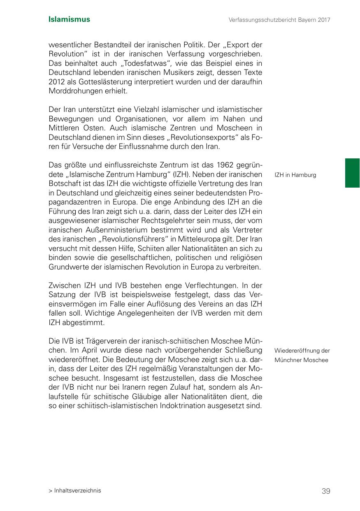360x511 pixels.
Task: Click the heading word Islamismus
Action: click(69, 19)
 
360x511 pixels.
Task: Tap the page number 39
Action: click(326, 491)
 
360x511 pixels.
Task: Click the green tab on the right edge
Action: click(352, 173)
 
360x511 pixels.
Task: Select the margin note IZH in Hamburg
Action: click(295, 175)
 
